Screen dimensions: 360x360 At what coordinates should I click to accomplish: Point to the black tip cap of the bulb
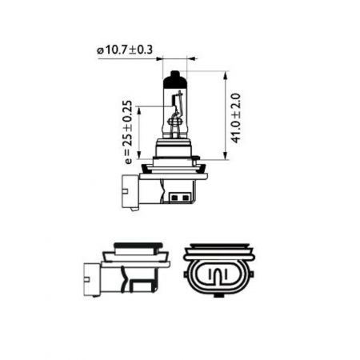[x=175, y=79]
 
